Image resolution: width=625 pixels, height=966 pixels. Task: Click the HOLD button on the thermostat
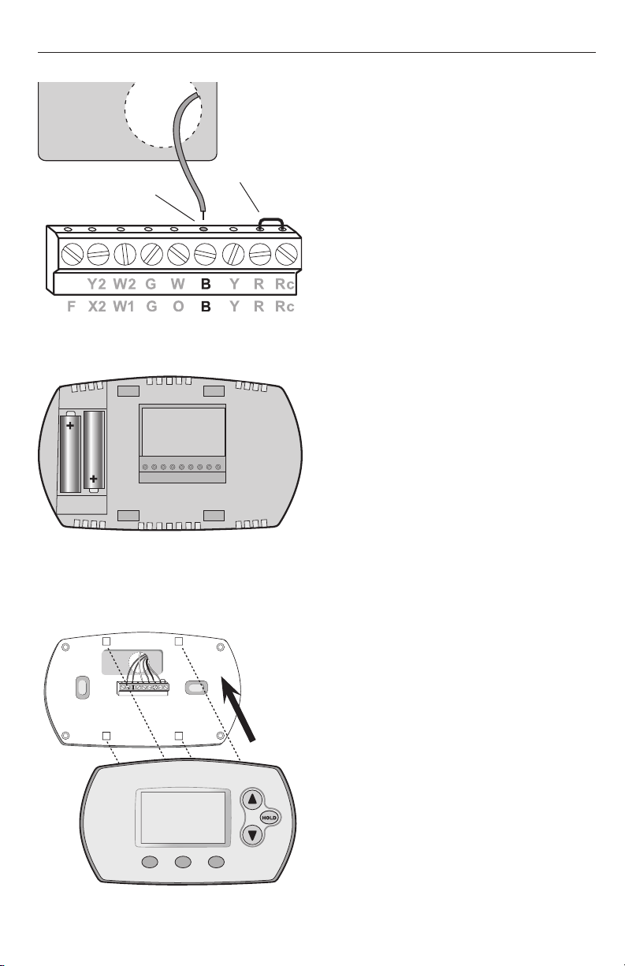tap(270, 818)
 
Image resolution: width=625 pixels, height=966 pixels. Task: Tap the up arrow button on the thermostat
tap(252, 799)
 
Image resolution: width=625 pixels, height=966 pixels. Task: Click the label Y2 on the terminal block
tap(97, 284)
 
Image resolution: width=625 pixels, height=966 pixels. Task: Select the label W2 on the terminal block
tap(125, 284)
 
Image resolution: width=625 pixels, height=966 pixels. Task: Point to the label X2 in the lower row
tap(97, 307)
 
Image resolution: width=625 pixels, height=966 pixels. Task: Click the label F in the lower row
tap(71, 307)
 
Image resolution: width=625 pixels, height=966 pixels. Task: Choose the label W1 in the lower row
tap(124, 307)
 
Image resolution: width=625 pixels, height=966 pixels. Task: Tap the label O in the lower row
tap(178, 307)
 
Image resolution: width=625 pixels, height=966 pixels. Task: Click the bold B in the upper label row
tap(206, 284)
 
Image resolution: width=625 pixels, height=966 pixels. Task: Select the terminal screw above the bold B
tap(205, 255)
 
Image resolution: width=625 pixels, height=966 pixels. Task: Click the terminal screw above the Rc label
tap(286, 255)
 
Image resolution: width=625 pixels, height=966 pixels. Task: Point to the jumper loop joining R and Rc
tap(270, 220)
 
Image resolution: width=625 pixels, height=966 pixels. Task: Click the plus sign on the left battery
tap(70, 426)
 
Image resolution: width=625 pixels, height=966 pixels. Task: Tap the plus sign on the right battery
tap(94, 479)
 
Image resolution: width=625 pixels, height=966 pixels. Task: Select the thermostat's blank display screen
tap(183, 818)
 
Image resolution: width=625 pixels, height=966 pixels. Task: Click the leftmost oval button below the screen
tap(150, 862)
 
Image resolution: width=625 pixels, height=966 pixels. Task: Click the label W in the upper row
tap(177, 284)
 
